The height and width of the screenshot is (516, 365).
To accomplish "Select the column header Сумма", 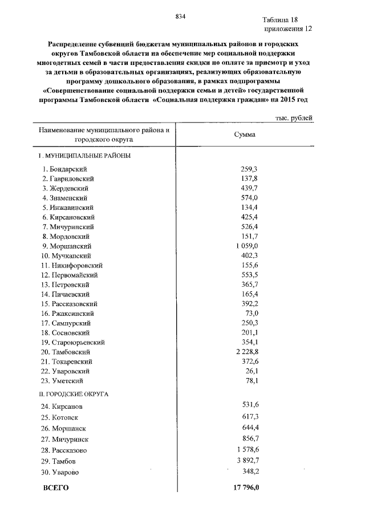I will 245,135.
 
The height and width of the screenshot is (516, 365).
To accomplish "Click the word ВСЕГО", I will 56,488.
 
